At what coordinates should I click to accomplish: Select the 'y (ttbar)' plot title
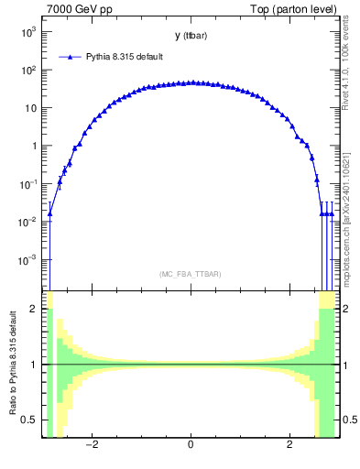point(190,36)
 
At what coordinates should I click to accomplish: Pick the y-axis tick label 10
point(31,108)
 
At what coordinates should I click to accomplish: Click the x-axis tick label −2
point(91,447)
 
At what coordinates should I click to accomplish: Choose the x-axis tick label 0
point(190,447)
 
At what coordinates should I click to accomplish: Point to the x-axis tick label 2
point(289,447)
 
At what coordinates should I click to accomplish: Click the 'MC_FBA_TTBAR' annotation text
point(190,274)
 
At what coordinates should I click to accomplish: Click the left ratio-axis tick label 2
point(36,309)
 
